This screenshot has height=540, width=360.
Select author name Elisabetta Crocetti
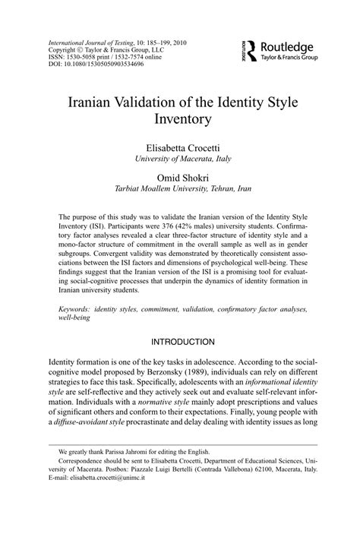click(x=179, y=146)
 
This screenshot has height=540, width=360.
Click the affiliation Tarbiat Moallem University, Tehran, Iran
click(x=179, y=189)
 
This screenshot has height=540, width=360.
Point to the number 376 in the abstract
click(x=188, y=226)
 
